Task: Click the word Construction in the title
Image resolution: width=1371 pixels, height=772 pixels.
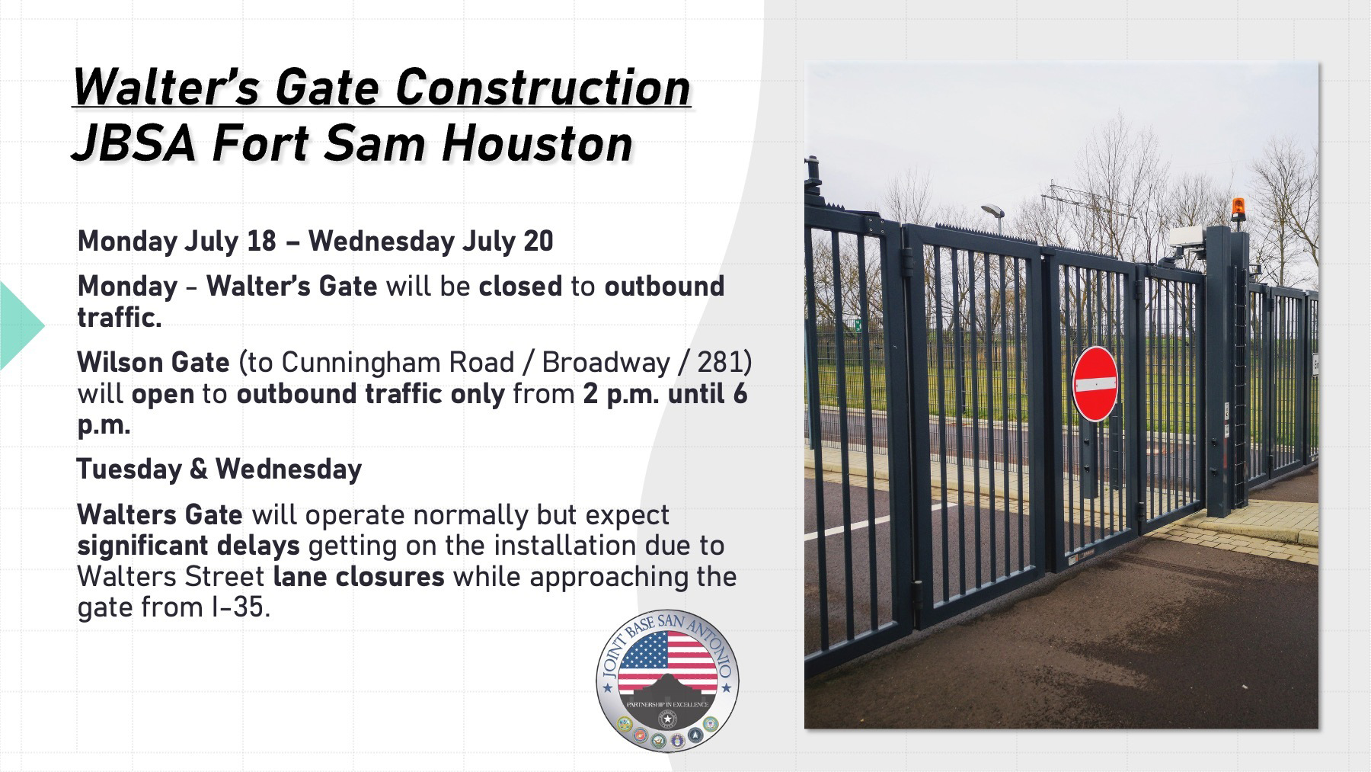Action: point(542,87)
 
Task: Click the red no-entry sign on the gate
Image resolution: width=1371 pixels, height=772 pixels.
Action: point(1095,383)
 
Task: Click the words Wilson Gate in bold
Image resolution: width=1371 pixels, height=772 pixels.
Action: point(153,362)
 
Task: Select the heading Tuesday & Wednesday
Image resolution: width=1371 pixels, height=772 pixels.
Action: point(219,469)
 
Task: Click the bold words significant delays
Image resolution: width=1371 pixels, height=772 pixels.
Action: point(188,546)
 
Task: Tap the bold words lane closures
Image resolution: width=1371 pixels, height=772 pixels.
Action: point(358,577)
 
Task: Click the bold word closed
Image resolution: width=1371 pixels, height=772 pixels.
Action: point(520,287)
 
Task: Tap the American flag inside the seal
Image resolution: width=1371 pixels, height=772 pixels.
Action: point(667,661)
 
